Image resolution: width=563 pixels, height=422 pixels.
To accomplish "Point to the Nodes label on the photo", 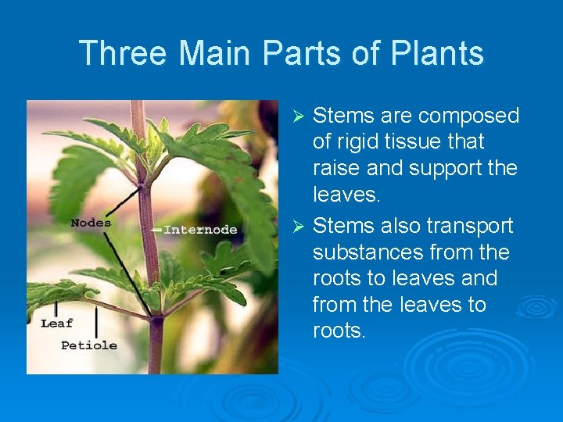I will [90, 223].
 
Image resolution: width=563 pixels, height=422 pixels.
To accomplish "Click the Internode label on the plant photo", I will [200, 230].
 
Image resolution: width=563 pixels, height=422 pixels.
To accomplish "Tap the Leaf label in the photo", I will [57, 323].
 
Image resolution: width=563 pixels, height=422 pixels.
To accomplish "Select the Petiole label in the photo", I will [89, 345].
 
